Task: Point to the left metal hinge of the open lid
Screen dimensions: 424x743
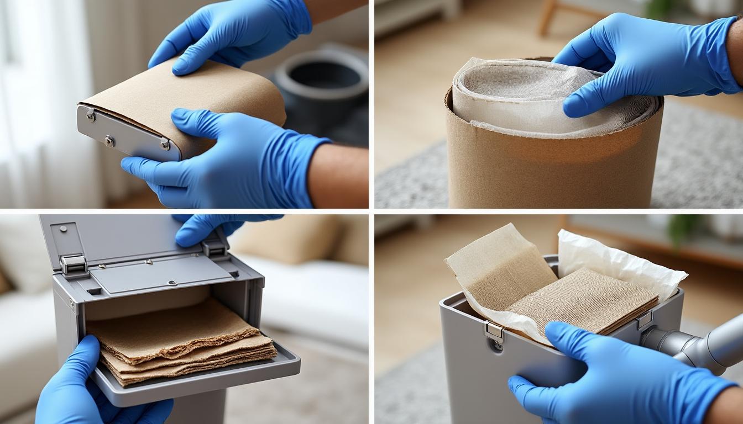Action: pyautogui.click(x=73, y=264)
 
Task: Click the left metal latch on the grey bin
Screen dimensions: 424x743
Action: pyautogui.click(x=495, y=331)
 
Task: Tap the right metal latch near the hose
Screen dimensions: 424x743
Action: pyautogui.click(x=644, y=320)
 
